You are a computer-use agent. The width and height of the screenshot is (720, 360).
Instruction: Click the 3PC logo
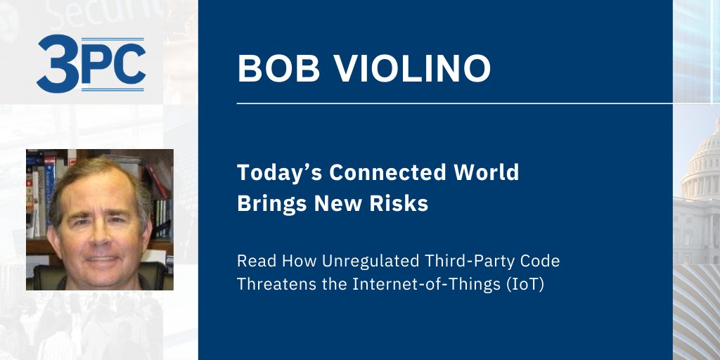click(91, 65)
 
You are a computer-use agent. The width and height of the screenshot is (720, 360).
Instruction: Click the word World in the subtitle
click(486, 172)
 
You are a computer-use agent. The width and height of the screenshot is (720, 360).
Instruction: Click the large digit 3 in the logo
click(56, 65)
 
